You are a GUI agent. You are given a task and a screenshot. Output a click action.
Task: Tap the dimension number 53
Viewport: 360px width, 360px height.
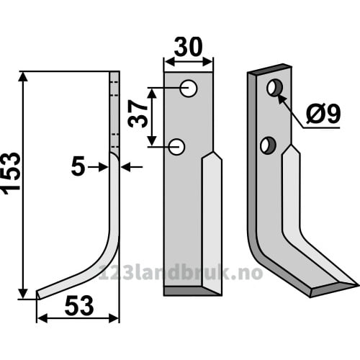[x=79, y=305]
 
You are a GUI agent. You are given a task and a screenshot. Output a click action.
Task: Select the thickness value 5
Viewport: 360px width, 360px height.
[x=78, y=166]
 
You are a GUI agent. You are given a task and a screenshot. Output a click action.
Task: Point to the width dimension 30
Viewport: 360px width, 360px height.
[x=188, y=47]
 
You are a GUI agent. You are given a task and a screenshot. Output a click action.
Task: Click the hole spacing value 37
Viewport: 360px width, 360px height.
[x=138, y=114]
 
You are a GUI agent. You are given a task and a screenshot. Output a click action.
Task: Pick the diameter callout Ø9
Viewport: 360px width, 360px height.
[x=323, y=113]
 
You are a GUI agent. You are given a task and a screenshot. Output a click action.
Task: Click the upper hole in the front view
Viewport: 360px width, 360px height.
[x=189, y=89]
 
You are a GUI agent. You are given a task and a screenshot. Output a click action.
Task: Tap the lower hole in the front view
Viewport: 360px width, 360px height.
[x=176, y=147]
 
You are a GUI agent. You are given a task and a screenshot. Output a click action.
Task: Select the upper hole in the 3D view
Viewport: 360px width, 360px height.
[x=274, y=88]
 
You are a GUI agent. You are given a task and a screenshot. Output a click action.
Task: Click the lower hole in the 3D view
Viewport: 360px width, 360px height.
[x=268, y=145]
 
